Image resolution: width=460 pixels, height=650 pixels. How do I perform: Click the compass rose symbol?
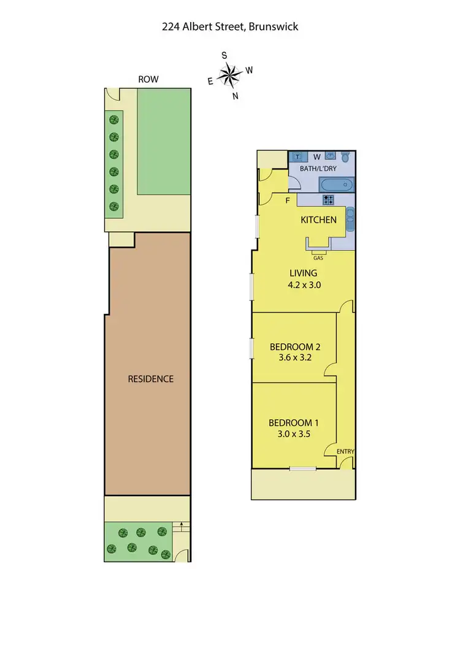click(x=230, y=75)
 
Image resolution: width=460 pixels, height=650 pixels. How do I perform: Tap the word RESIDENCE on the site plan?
click(x=150, y=379)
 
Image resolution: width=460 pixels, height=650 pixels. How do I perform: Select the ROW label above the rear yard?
click(x=148, y=79)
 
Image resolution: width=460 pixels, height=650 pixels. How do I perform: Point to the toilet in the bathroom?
click(x=345, y=156)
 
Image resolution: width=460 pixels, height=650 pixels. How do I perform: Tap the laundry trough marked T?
click(x=297, y=156)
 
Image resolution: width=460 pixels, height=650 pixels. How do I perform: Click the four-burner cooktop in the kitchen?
click(x=328, y=199)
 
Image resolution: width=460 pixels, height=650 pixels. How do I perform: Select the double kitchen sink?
click(x=350, y=218)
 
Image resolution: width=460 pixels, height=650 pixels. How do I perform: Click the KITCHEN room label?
click(x=318, y=220)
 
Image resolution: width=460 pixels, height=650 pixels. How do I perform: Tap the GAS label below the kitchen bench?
click(x=318, y=258)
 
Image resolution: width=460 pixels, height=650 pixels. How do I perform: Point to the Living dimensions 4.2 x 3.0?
click(x=305, y=285)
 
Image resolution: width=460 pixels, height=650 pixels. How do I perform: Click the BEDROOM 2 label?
click(x=295, y=346)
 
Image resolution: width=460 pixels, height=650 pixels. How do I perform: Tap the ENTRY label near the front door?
click(x=345, y=452)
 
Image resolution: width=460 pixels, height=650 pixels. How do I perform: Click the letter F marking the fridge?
click(x=286, y=200)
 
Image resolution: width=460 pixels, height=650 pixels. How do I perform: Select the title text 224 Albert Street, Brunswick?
click(x=230, y=26)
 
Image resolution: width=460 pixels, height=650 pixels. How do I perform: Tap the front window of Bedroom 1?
click(x=303, y=469)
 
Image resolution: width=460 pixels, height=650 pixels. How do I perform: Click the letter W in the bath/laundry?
click(x=318, y=156)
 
